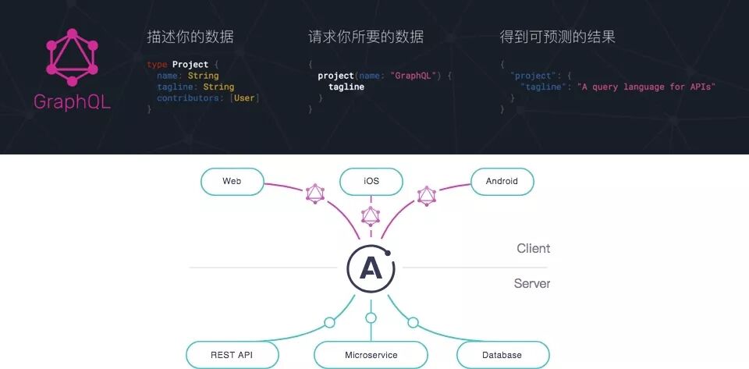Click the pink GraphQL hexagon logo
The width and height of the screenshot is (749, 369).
(x=72, y=58)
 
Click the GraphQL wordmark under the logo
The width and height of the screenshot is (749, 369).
(x=72, y=102)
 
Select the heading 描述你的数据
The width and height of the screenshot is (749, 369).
(x=190, y=37)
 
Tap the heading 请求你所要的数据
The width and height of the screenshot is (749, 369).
(x=366, y=37)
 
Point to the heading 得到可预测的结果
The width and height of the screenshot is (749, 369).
(x=558, y=37)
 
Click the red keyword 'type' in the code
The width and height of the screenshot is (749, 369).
(x=157, y=64)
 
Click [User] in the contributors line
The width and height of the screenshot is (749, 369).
(x=245, y=98)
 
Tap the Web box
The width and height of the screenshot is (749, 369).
(x=232, y=181)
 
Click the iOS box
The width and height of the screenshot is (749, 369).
(x=371, y=181)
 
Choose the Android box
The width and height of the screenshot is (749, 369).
(x=502, y=181)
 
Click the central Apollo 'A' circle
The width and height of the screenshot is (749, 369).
(x=371, y=268)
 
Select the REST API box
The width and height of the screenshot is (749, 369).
(x=232, y=355)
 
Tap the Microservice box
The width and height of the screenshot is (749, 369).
(x=371, y=355)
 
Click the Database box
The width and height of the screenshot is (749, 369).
(x=502, y=355)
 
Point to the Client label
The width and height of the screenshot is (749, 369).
(x=533, y=249)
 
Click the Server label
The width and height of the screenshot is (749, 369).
(x=531, y=284)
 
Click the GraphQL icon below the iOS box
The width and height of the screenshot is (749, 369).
(x=371, y=215)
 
